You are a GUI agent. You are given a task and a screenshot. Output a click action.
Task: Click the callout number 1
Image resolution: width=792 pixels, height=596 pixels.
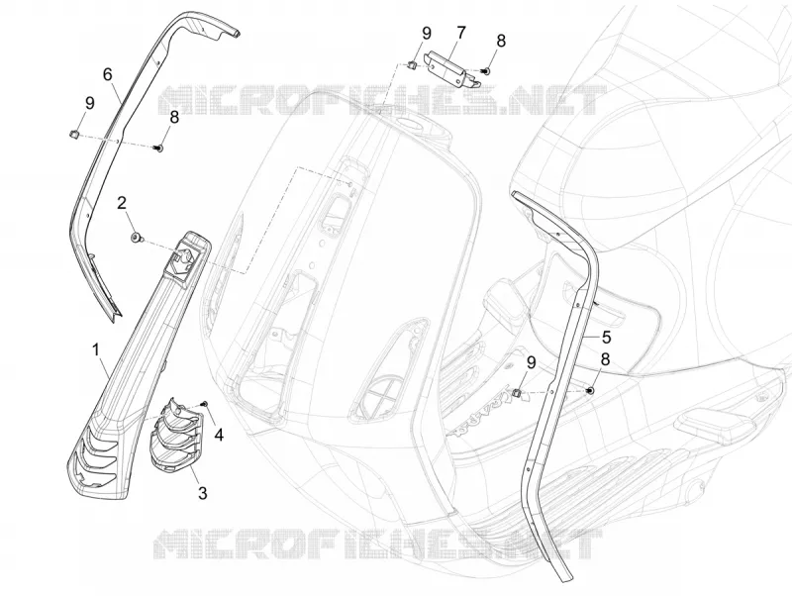click(x=96, y=349)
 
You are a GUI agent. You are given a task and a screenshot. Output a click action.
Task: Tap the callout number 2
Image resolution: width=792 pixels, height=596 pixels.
click(x=122, y=203)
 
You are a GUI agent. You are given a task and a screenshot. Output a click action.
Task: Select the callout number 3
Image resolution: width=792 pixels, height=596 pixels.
click(x=203, y=492)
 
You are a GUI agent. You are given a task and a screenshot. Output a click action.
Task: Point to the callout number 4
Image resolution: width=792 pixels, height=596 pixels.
click(x=219, y=435)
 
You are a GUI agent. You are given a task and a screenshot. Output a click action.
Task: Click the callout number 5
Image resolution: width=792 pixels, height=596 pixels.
click(x=606, y=337)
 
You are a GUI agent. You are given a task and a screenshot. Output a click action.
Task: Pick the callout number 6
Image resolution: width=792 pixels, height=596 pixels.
click(x=108, y=75)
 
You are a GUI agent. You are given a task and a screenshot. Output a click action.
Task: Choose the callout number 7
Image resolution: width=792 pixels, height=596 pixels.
click(x=460, y=34)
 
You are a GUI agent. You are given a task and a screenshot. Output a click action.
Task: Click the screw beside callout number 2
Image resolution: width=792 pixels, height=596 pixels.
click(x=136, y=237)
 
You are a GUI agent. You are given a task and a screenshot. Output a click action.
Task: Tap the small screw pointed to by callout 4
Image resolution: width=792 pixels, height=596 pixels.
click(x=206, y=403)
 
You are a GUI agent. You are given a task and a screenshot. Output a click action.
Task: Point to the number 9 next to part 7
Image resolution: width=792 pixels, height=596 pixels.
click(x=427, y=34)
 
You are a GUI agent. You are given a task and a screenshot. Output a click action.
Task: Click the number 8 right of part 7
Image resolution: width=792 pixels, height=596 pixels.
click(x=501, y=41)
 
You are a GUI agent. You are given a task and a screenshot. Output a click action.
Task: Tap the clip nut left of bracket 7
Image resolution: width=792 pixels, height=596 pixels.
click(x=411, y=64)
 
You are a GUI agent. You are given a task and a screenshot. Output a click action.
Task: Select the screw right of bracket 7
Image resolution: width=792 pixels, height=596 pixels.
click(x=486, y=72)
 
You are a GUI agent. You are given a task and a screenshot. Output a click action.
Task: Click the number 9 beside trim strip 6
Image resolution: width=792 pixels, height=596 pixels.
click(x=90, y=104)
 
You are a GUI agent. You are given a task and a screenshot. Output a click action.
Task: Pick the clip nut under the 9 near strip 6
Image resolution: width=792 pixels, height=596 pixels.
click(x=72, y=134)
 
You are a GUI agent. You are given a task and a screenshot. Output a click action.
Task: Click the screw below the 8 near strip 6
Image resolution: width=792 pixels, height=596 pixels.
click(x=158, y=148)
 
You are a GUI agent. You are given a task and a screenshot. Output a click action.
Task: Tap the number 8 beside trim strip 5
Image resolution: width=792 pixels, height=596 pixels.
click(x=605, y=359)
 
